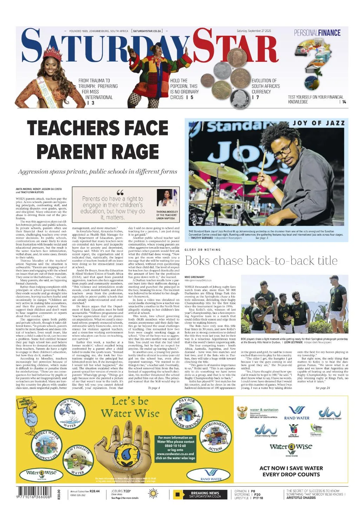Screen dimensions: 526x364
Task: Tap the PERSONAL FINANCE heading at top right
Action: pos(317,33)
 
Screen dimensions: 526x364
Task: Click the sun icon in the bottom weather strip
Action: pos(153,494)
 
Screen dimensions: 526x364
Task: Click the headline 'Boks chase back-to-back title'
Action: pos(261,261)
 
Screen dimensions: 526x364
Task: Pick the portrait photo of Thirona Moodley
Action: pos(167,198)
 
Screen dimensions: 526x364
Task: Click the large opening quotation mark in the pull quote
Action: pos(120,193)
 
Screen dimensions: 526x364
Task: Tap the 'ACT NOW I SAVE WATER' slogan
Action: pos(291,468)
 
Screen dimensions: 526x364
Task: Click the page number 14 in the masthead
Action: pos(344,102)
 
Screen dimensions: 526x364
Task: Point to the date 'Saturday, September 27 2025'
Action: pos(254,31)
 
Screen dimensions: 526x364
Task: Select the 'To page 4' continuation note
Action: pos(154,388)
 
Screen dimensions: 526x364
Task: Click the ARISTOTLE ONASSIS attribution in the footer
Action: pos(301,498)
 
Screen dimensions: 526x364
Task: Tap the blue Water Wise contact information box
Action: pos(175,448)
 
